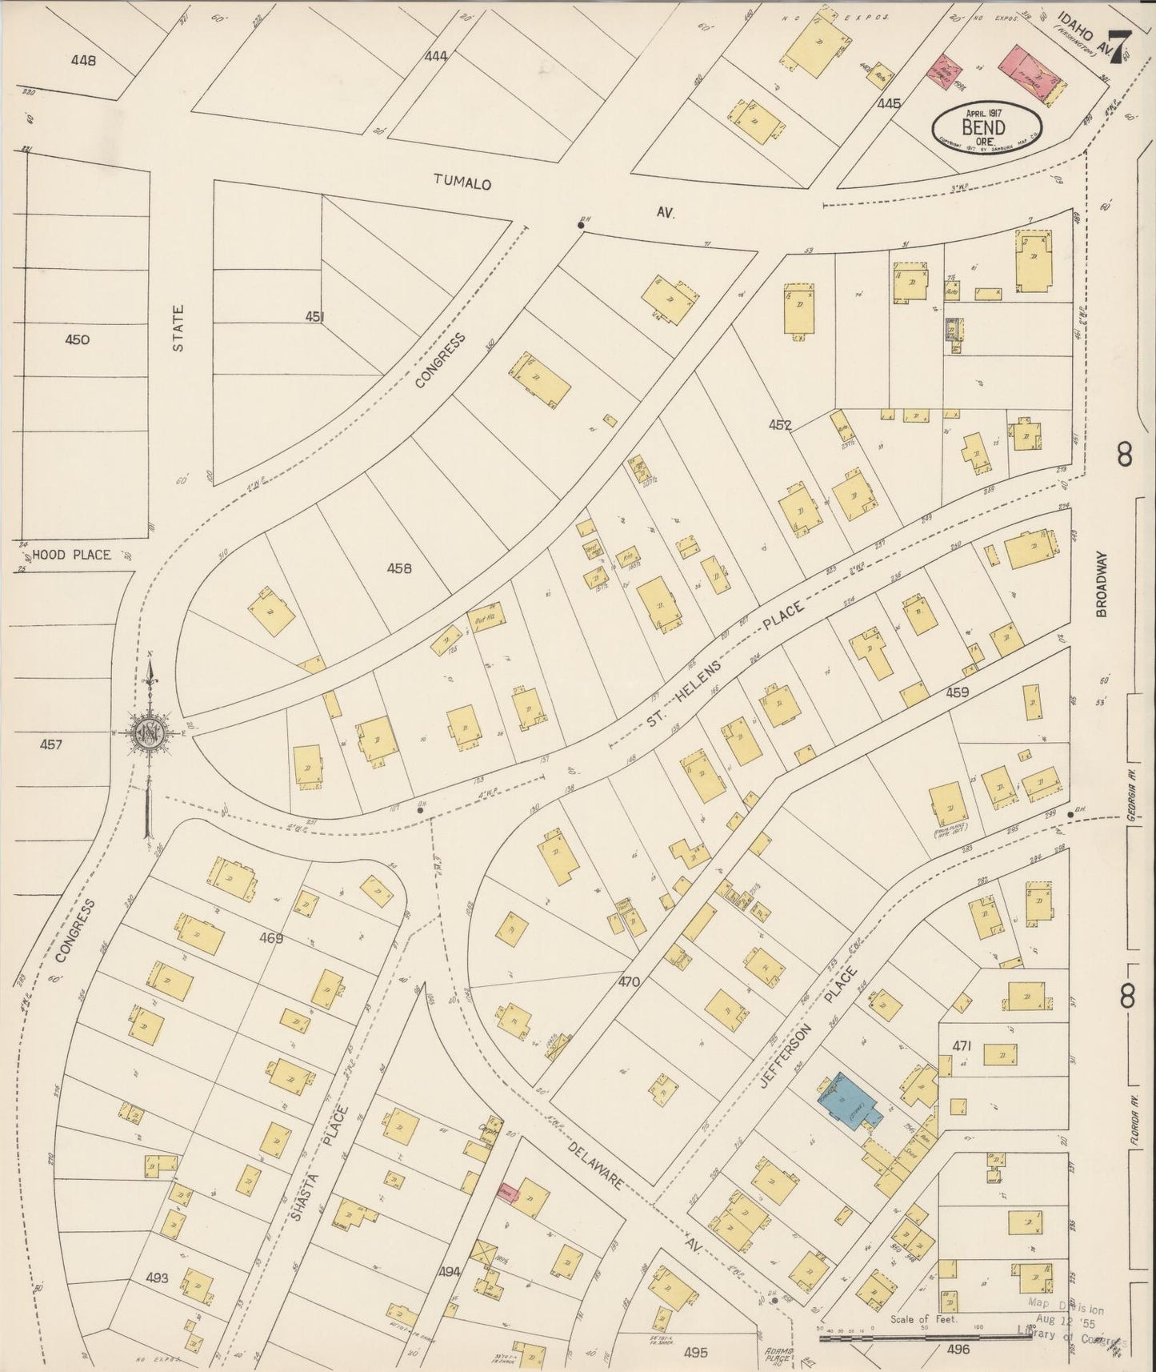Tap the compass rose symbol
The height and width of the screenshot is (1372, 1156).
[x=150, y=731]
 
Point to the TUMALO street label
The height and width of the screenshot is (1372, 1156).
[x=462, y=182]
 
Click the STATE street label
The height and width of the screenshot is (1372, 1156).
[x=178, y=328]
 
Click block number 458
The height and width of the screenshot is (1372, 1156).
[x=398, y=568]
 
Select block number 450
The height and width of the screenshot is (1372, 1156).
[x=77, y=339]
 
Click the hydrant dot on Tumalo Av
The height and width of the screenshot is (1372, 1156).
[x=581, y=225]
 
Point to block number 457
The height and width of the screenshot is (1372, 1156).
[x=50, y=744]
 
